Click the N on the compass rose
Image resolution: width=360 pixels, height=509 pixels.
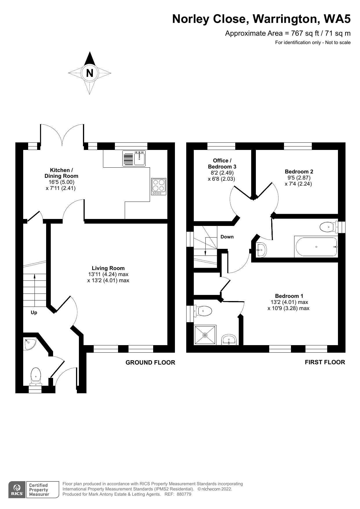tap(90, 73)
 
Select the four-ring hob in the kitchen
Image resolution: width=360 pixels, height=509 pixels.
tap(159, 186)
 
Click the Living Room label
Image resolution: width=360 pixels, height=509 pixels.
tap(108, 268)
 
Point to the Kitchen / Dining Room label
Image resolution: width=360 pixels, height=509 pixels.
tap(61, 173)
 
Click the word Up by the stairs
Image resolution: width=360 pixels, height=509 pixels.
tap(34, 313)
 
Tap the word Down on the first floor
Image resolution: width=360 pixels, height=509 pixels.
tap(227, 237)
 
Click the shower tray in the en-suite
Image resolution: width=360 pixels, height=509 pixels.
tap(205, 335)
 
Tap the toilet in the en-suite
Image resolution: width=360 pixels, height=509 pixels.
tap(203, 311)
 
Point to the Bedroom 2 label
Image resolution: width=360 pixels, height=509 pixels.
tap(299, 171)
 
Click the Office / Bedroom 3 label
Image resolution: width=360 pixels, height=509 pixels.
tap(222, 164)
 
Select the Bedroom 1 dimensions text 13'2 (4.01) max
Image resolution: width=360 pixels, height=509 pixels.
tap(289, 302)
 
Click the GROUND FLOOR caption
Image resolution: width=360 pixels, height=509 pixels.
tap(150, 363)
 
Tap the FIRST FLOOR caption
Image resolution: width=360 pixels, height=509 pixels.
tap(325, 362)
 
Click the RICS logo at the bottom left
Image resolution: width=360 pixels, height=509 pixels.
tap(17, 490)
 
